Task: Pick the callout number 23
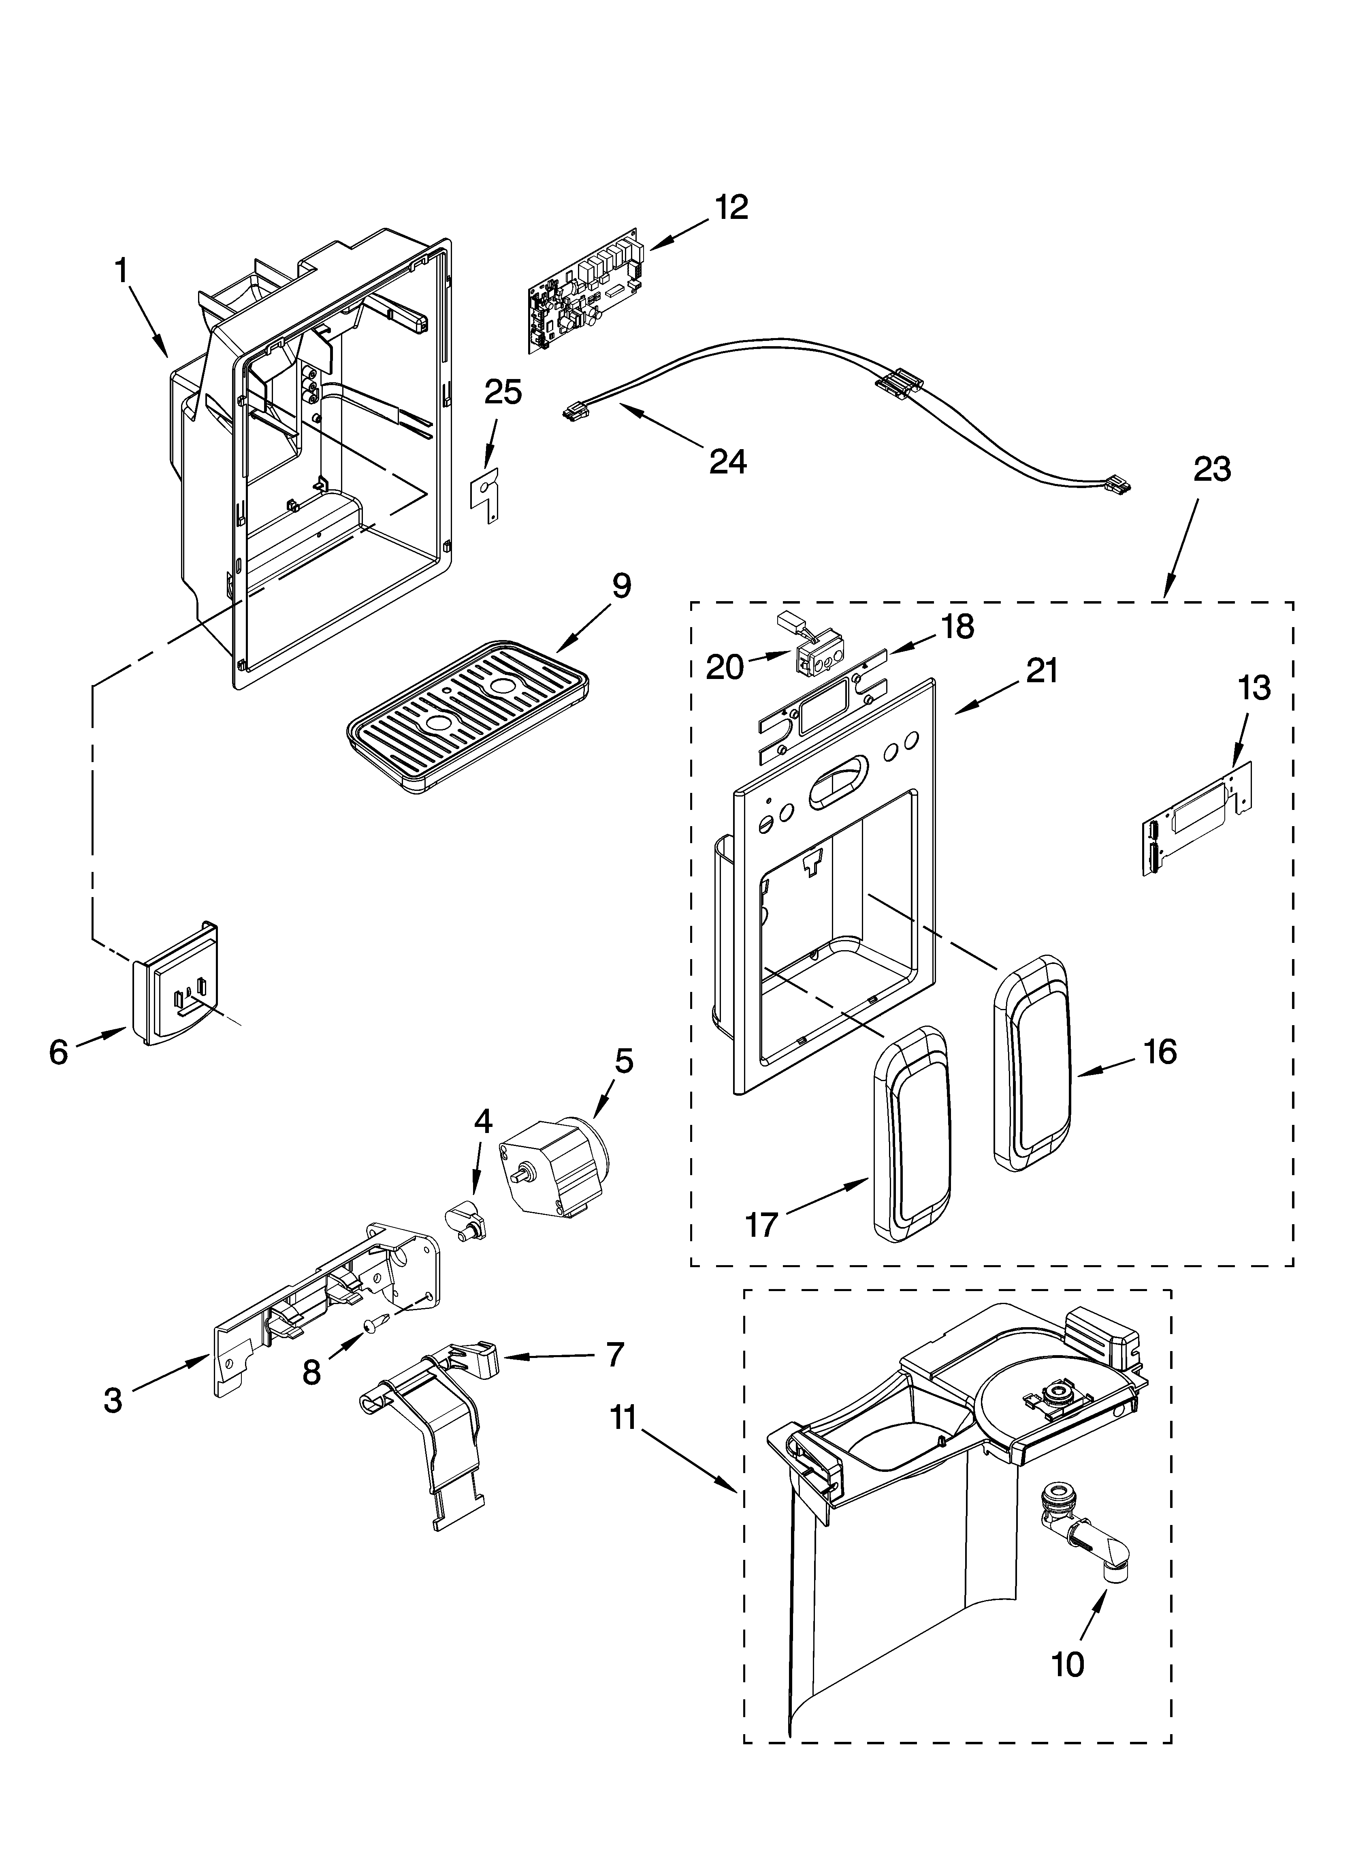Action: (x=1211, y=469)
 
